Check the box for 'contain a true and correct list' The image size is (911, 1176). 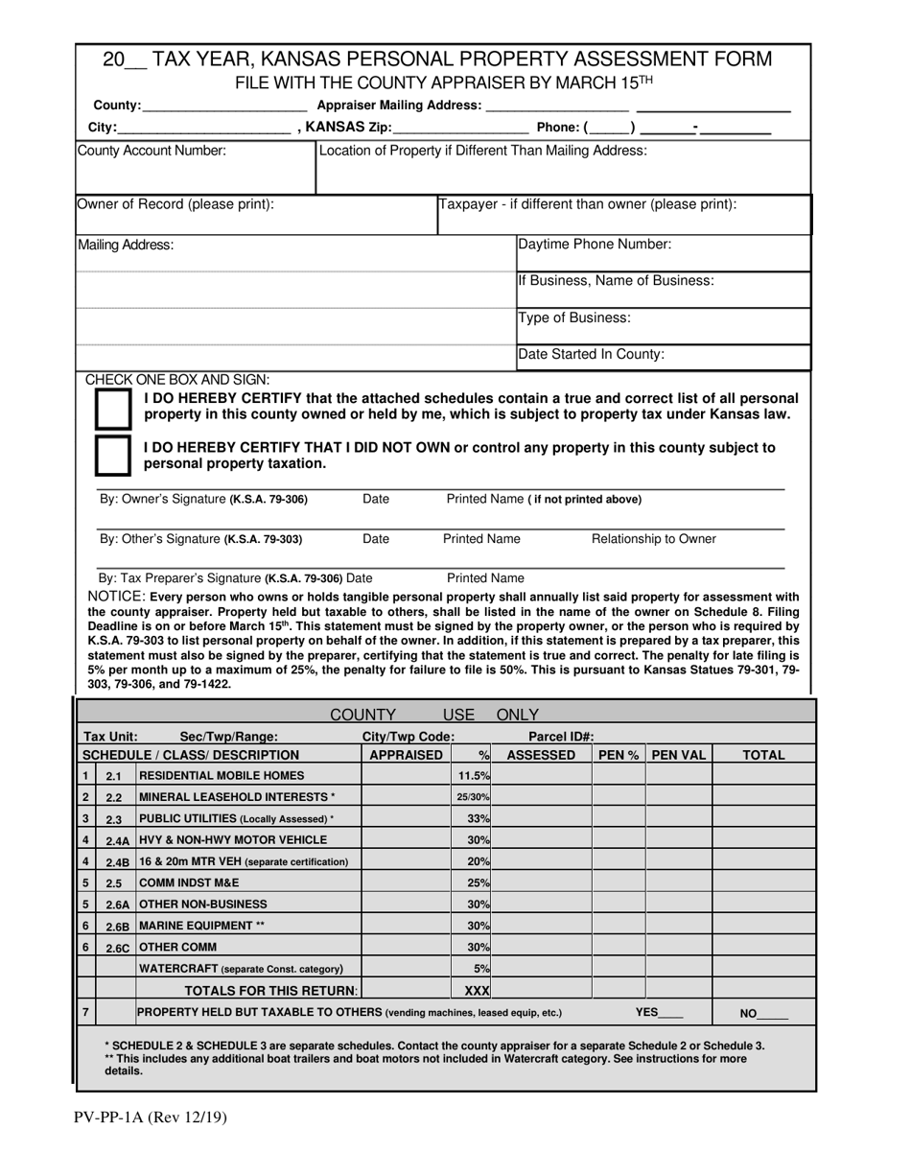coord(113,410)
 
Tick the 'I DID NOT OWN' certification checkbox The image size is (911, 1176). coord(113,456)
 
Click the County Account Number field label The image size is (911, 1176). coord(152,151)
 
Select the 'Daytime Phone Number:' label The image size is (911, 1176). coord(595,245)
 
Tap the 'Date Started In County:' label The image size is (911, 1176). coord(591,354)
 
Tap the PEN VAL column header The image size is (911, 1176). coord(679,755)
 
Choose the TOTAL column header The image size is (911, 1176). coord(764,755)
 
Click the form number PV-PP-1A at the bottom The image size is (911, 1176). coord(150,1117)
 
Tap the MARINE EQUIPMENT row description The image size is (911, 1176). coord(201,926)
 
